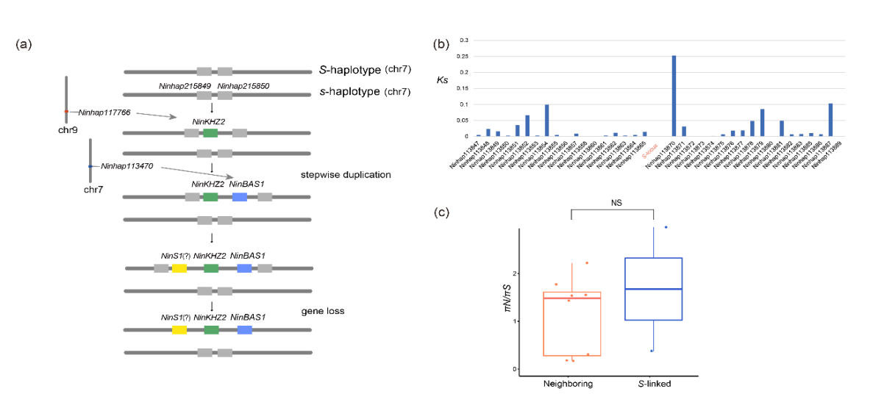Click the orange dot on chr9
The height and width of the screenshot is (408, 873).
(x=66, y=112)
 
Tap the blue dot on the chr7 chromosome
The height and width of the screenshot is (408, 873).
(x=90, y=167)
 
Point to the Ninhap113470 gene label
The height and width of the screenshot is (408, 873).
(x=127, y=167)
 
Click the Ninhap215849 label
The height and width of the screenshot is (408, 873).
(x=185, y=87)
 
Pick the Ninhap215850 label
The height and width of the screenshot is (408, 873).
(x=243, y=87)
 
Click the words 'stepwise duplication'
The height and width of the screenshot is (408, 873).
(x=345, y=175)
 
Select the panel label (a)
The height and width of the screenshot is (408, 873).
(x=24, y=44)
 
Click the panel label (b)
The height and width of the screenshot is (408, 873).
(x=442, y=44)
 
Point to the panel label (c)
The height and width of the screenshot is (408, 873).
(x=442, y=213)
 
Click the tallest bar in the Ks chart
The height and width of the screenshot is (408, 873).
(x=674, y=96)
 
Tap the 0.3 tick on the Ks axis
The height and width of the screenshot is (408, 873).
(x=463, y=40)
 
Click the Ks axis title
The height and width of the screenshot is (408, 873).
(x=443, y=78)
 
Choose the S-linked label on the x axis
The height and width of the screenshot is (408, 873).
(x=653, y=384)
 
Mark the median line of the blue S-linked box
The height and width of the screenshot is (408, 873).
(x=653, y=290)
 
